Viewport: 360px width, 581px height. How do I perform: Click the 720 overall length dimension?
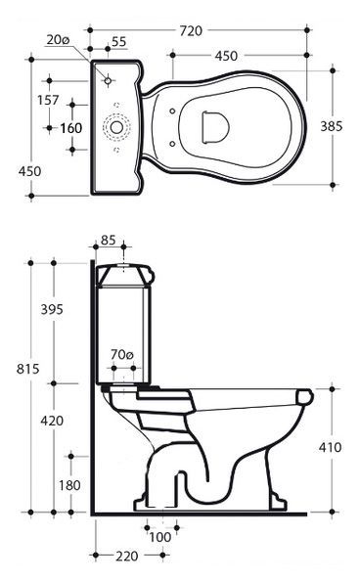coord(191,31)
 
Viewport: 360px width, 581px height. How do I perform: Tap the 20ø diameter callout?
coord(59,40)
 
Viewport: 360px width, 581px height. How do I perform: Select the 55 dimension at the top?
coord(119,42)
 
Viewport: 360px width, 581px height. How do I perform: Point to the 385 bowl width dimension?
coord(332,126)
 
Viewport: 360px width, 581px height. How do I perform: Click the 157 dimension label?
coord(48,100)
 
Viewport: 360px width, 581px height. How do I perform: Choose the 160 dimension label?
coord(70,128)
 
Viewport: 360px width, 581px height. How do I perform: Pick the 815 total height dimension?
coord(27,369)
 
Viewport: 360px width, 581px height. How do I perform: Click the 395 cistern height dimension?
coord(52,309)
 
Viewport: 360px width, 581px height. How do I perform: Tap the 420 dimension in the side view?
coord(52,421)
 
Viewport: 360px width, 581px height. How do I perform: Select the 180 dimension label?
coord(69,485)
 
